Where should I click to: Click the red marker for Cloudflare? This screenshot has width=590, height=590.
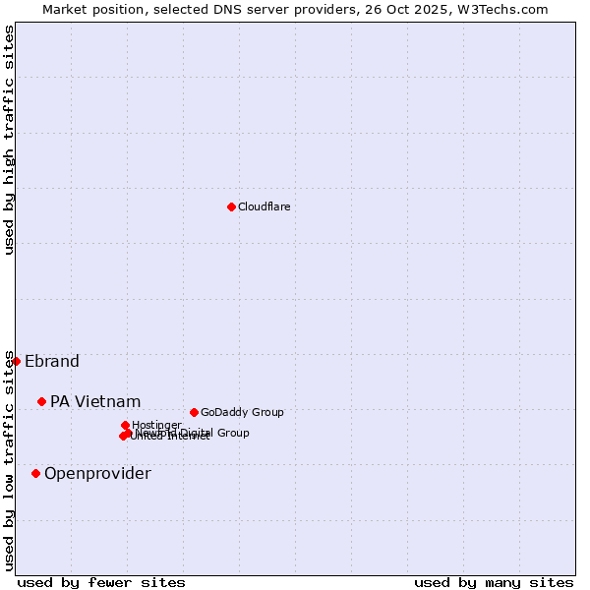click(231, 206)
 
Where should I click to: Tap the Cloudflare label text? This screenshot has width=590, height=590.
click(264, 206)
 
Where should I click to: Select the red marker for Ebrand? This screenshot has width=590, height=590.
click(16, 361)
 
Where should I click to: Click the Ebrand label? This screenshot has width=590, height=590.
click(52, 361)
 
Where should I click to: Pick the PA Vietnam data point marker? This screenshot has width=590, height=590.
click(41, 401)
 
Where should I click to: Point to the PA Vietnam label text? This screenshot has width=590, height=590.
click(95, 401)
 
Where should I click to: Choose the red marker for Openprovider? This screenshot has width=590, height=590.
click(35, 473)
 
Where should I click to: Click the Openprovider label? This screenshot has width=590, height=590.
click(97, 473)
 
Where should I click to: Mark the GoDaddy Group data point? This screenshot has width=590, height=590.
click(194, 412)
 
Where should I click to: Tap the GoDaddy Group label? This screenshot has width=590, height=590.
click(242, 412)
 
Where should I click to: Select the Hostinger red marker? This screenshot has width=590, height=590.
click(125, 425)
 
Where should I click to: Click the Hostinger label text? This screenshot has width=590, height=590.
click(156, 425)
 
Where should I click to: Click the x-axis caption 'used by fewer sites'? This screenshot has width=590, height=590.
click(101, 582)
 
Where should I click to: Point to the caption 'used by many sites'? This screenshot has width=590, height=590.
click(494, 582)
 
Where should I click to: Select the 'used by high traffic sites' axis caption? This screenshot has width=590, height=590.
click(10, 140)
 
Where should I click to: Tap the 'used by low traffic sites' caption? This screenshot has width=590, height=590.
click(10, 460)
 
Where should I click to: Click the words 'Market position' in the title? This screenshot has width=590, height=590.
click(90, 9)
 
